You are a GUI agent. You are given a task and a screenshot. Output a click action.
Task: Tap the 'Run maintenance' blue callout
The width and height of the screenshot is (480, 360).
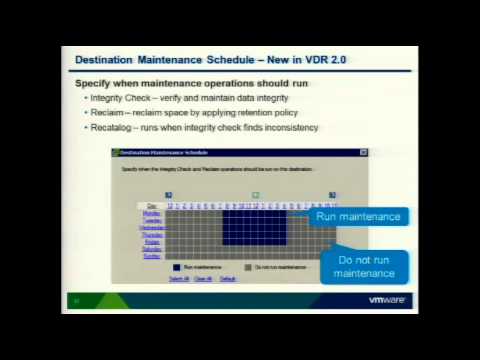coord(357,216)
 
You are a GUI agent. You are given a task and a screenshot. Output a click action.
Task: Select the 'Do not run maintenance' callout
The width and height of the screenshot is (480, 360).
coord(363,266)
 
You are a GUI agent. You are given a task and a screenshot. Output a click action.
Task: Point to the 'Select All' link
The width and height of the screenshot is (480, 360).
coord(179,278)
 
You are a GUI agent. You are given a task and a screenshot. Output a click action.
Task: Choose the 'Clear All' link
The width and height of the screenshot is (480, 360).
coord(203,278)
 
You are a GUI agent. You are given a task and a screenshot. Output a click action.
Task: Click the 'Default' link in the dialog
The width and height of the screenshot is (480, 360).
coord(227,278)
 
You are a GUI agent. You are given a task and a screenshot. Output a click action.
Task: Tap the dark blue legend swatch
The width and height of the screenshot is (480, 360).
coord(177,267)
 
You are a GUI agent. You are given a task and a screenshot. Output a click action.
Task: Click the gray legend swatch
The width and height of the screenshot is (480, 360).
coord(248,267)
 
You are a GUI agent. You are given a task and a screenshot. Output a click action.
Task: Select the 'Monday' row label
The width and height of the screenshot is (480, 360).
coord(152,213)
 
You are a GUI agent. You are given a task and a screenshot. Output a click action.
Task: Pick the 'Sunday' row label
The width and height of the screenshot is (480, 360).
coord(152,256)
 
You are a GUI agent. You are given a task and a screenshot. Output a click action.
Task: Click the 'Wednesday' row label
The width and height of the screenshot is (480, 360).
coord(151,227)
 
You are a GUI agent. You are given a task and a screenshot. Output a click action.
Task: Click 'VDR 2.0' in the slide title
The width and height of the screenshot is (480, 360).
coord(325,60)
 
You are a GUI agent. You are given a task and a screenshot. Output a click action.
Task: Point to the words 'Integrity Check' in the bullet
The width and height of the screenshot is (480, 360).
coord(118,98)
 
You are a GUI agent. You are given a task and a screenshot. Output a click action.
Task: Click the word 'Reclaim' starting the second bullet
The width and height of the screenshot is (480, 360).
coord(107,113)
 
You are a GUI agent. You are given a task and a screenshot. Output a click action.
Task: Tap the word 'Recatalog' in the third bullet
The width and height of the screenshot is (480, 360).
coord(112,128)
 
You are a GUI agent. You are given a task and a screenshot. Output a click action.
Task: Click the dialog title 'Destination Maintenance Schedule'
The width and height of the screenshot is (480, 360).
coord(164,153)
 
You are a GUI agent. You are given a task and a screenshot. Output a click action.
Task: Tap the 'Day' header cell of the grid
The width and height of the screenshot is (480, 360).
coord(152,206)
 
